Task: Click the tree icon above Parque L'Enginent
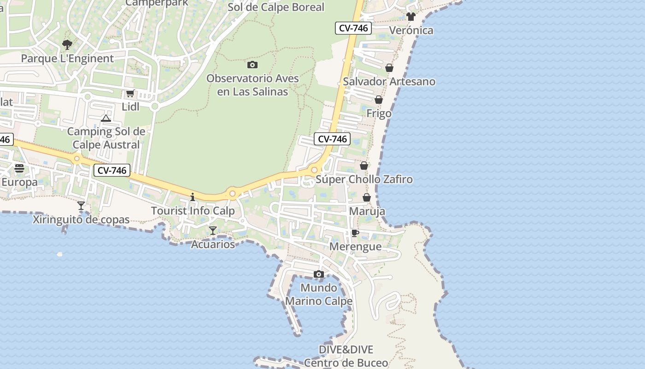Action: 67,45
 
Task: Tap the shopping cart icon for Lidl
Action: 130,94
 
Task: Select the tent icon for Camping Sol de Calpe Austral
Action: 106,119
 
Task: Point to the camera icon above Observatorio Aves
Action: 252,65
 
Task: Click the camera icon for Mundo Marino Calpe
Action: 318,274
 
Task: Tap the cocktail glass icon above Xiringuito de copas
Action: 81,206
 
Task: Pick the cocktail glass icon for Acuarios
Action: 213,231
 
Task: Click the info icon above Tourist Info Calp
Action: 193,197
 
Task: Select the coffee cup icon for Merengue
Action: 355,233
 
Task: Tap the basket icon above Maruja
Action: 367,198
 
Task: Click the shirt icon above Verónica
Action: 411,17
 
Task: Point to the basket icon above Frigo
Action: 379,100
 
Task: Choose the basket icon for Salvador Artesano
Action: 389,68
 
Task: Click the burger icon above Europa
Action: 19,168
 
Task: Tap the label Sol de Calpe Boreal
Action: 276,7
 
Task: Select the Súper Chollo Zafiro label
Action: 364,179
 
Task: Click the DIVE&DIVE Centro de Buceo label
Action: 346,356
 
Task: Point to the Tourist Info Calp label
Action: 193,211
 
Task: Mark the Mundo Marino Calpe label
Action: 319,294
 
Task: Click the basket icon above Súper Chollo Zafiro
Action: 364,166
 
